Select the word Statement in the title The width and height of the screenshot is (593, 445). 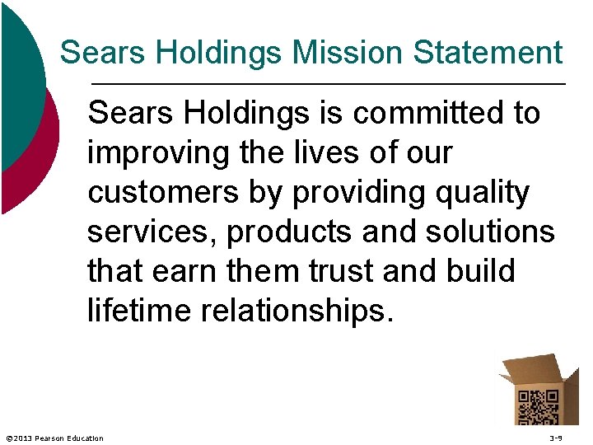coord(488,53)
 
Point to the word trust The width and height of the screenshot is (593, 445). coord(355,271)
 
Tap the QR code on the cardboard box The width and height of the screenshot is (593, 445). coord(537,405)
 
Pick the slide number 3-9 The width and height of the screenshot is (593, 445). coord(556,438)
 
